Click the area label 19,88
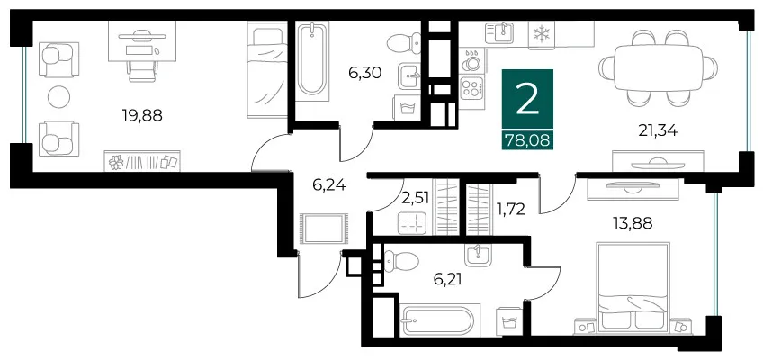(x=141, y=116)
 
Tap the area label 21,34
(x=658, y=130)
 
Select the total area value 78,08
(x=527, y=140)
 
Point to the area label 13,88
(x=633, y=223)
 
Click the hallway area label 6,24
(x=329, y=184)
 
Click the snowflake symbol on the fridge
(x=540, y=34)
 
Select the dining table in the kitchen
(x=658, y=67)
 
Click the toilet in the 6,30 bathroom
(x=404, y=43)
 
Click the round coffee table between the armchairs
(x=58, y=97)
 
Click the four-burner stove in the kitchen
(x=471, y=88)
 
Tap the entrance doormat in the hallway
(x=324, y=229)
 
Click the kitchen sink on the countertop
(x=499, y=32)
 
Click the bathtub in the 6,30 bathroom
(x=312, y=58)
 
